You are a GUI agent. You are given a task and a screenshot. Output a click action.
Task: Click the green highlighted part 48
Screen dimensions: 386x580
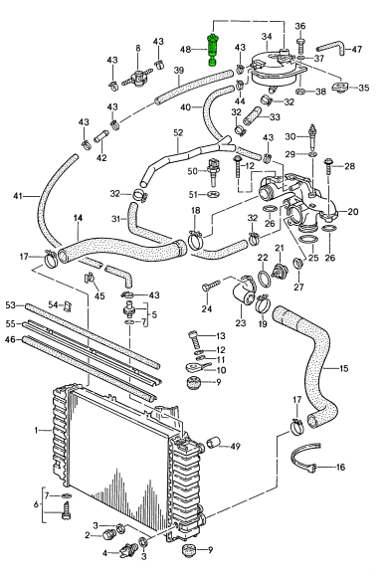pos(213,50)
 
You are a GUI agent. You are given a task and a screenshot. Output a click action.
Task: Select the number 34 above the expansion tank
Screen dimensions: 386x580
pos(267,36)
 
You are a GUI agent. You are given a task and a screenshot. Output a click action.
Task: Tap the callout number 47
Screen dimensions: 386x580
pos(357,49)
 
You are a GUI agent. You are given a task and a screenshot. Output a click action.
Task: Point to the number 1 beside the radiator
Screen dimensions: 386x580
pos(36,430)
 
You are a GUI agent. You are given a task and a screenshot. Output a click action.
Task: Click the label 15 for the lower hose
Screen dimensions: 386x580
pos(343,368)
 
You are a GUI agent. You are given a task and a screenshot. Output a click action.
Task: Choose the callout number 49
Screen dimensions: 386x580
pos(235,447)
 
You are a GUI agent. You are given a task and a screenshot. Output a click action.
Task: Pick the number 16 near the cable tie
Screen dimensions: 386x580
pos(340,468)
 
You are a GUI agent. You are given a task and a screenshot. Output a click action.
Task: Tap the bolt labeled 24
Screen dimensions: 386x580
pos(211,285)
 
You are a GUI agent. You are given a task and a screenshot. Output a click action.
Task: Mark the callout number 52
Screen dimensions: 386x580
pos(178,132)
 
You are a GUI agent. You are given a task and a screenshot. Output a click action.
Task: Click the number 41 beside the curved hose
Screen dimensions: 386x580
pos(18,196)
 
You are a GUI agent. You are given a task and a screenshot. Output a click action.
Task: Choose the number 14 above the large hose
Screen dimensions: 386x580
pos(78,218)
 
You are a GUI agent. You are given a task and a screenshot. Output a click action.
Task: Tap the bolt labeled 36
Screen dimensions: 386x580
pos(300,45)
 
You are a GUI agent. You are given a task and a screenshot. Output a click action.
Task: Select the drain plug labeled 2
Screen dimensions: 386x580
pos(108,534)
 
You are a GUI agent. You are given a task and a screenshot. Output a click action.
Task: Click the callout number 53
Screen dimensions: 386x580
pos(10,305)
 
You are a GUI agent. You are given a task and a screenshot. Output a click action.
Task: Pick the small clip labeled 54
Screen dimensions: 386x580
pos(67,305)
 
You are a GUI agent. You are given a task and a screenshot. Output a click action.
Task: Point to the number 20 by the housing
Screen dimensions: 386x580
pos(353,212)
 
